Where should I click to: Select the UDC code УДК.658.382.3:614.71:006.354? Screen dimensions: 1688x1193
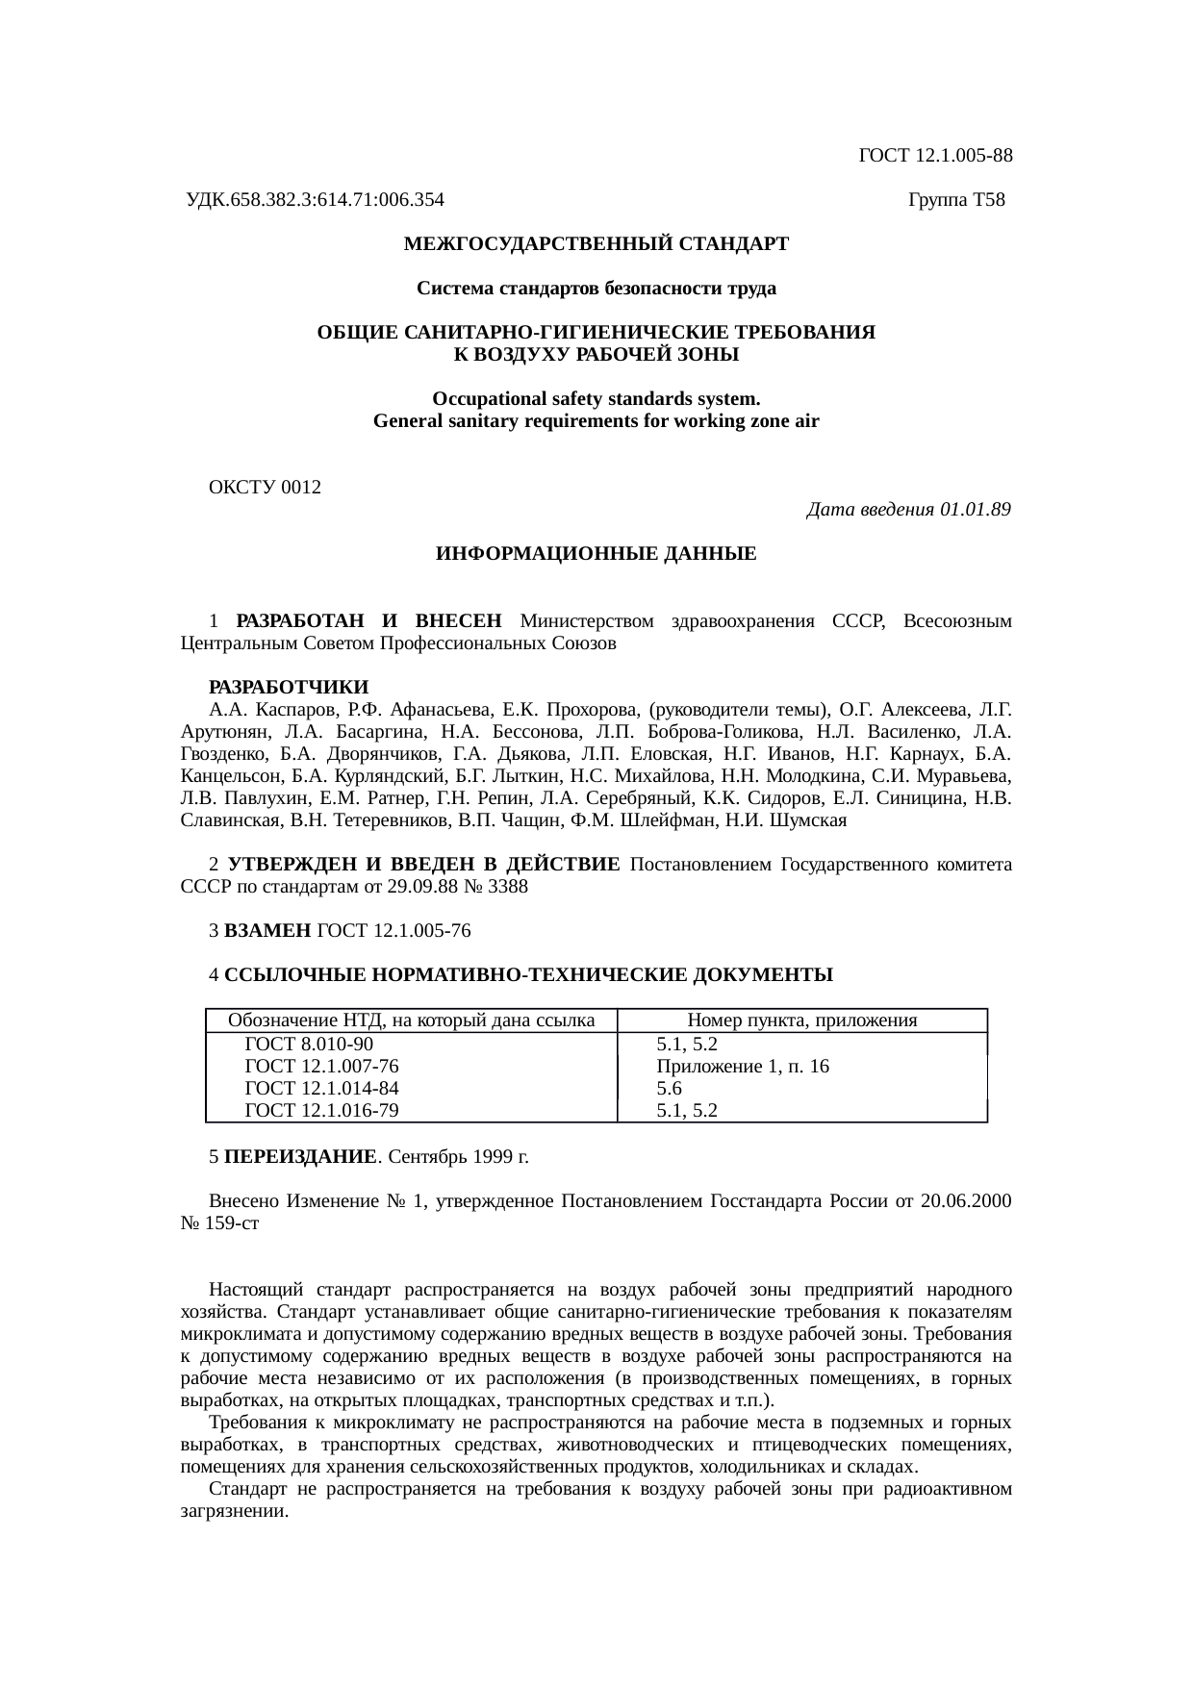coord(315,200)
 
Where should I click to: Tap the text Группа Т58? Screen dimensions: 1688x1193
coord(956,200)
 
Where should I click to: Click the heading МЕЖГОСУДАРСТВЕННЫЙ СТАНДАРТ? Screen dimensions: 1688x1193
coord(596,244)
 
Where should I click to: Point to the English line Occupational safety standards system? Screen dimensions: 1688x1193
coord(596,399)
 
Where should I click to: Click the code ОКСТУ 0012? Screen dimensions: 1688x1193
coord(265,488)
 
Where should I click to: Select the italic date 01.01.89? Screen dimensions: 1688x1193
coord(975,510)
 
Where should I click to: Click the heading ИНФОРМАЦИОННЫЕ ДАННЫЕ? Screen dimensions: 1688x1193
coord(596,555)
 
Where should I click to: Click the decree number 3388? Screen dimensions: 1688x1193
coord(508,887)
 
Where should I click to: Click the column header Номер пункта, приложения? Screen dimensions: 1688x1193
coord(802,1020)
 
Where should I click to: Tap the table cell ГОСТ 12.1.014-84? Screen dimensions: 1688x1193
coord(322,1089)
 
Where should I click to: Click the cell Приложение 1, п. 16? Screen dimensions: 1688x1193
coord(743,1067)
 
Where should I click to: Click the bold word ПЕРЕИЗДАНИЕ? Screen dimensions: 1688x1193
coord(299,1156)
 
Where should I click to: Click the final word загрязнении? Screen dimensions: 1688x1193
coord(235,1511)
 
